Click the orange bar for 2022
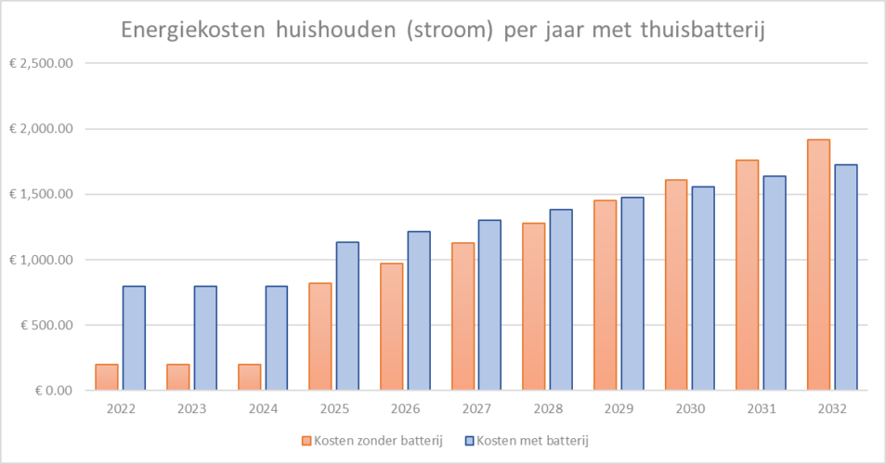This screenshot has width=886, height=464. coord(107,377)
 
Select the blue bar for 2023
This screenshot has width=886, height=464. coord(205,338)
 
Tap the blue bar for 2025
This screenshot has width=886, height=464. coord(347,316)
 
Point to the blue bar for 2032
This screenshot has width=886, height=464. coord(846,277)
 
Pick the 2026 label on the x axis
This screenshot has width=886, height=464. coord(405,408)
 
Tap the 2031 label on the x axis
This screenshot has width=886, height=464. coord(761,408)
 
